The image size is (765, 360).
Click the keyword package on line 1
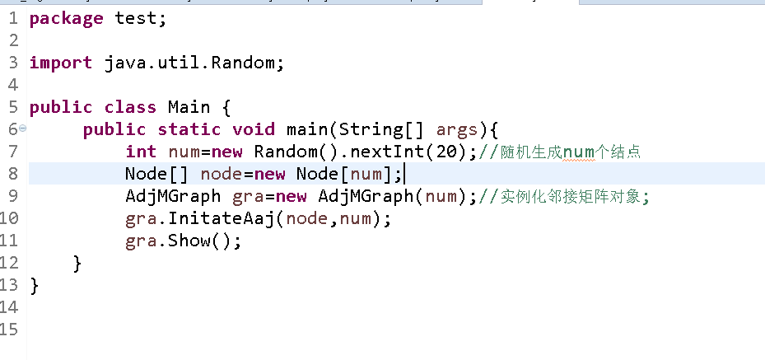coord(66,18)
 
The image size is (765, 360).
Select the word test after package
coord(136,18)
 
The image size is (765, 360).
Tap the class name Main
coord(189,107)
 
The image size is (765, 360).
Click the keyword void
coord(254,129)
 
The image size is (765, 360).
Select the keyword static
coord(189,129)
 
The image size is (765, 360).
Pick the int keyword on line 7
coord(141,152)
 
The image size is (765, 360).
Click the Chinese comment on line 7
coord(568,152)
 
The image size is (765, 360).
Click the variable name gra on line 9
coord(249,197)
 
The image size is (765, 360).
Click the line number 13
coord(9,286)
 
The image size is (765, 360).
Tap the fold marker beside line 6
coord(22,129)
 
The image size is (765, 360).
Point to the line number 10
coord(9,219)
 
